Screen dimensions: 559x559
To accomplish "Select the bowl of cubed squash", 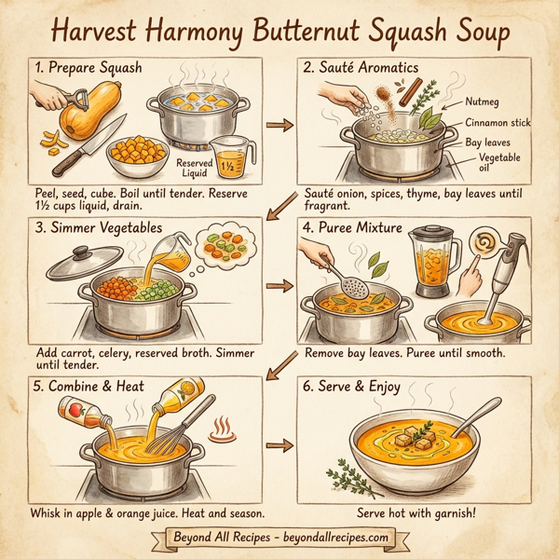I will (135, 156).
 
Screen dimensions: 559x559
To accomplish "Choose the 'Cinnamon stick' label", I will (498, 123).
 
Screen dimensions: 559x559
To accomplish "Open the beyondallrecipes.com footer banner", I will (279, 539).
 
